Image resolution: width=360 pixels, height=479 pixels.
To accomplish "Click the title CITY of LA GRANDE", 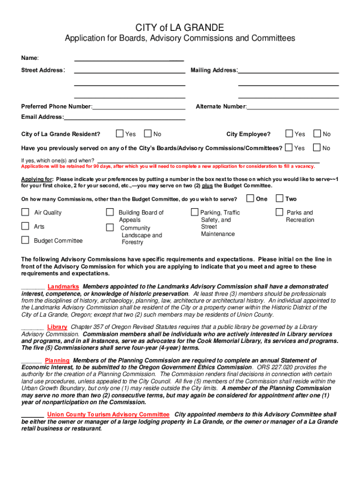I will [x=180, y=28].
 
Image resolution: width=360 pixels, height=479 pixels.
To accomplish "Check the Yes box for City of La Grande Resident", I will [x=120, y=134].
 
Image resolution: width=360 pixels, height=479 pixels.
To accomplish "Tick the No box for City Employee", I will [x=317, y=134].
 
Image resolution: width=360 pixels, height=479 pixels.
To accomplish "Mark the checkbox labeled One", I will [x=250, y=198].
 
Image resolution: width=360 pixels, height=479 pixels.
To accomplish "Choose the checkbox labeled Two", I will [x=279, y=198].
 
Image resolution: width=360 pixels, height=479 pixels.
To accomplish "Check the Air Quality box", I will [x=25, y=212].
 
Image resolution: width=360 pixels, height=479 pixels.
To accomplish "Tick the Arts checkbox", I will [x=25, y=226].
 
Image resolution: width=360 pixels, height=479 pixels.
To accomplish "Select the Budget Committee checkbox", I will [x=25, y=240].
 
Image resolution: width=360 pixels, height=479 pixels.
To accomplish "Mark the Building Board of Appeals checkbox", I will [x=110, y=212].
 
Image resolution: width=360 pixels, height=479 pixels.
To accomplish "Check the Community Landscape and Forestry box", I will [x=110, y=228].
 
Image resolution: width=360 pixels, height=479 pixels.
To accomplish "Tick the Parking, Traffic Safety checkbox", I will [x=194, y=212].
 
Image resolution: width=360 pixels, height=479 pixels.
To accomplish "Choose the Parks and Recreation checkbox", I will [x=279, y=212].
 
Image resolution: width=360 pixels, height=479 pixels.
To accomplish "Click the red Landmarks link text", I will [x=63, y=286].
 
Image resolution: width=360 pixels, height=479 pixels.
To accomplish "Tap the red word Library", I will [x=57, y=327].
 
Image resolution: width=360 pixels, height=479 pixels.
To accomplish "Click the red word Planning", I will [x=57, y=361].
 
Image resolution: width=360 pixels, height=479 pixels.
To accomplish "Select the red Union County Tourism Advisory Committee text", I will [x=108, y=414].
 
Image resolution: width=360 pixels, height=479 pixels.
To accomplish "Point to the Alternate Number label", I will [x=221, y=107].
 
